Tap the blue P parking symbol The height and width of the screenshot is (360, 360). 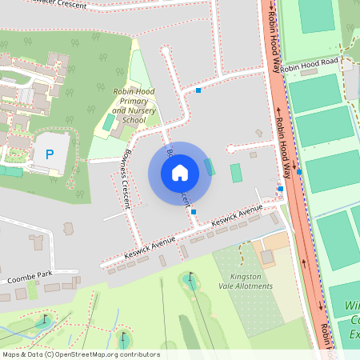[x=49, y=153]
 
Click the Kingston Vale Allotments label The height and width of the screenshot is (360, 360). [x=246, y=281]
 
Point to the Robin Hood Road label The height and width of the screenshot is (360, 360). [x=310, y=61]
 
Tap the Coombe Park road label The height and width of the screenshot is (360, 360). [x=30, y=278]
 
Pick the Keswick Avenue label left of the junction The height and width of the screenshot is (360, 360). [x=150, y=248]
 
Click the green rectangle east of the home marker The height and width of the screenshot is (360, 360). [x=236, y=173]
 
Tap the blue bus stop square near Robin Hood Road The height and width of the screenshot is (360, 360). [x=298, y=171]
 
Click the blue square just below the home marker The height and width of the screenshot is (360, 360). [x=194, y=211]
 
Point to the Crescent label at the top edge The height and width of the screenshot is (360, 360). [x=56, y=4]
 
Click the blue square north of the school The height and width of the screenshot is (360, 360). [x=198, y=90]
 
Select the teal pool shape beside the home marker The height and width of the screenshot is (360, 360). [x=210, y=167]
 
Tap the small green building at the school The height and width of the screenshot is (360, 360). [x=109, y=122]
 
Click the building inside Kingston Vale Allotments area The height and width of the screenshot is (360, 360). [x=267, y=257]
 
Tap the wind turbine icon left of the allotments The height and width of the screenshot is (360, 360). [x=190, y=279]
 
